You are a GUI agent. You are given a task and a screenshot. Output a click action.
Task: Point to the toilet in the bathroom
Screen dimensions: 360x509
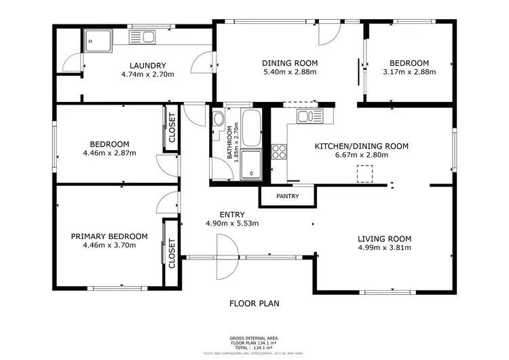click(x=219, y=120)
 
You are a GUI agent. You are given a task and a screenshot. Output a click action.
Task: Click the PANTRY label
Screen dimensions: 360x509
click(x=288, y=196)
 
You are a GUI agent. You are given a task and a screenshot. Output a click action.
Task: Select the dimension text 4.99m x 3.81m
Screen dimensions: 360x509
click(x=385, y=248)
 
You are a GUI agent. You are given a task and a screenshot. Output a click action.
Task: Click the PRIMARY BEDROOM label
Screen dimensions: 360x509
click(x=109, y=236)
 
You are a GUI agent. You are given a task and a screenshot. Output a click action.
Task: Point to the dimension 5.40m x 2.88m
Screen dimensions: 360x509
click(x=290, y=72)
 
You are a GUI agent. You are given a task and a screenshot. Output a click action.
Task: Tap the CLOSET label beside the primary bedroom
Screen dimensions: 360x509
click(x=172, y=253)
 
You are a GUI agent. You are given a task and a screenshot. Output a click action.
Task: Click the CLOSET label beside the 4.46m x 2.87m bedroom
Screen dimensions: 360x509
click(x=172, y=127)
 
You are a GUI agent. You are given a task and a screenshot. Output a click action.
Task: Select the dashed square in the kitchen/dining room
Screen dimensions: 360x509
click(x=366, y=175)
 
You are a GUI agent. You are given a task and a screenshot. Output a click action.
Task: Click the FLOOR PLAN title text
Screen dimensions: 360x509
click(x=254, y=304)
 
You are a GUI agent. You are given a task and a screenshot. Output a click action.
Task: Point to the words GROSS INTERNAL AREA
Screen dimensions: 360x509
click(x=254, y=338)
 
